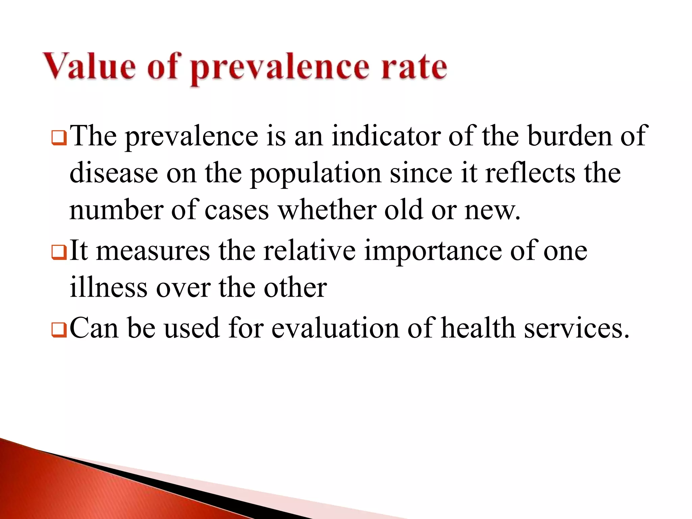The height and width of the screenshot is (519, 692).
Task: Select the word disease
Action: (114, 173)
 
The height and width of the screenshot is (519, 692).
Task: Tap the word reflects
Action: (530, 173)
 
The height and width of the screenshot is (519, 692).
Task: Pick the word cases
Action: (237, 211)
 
